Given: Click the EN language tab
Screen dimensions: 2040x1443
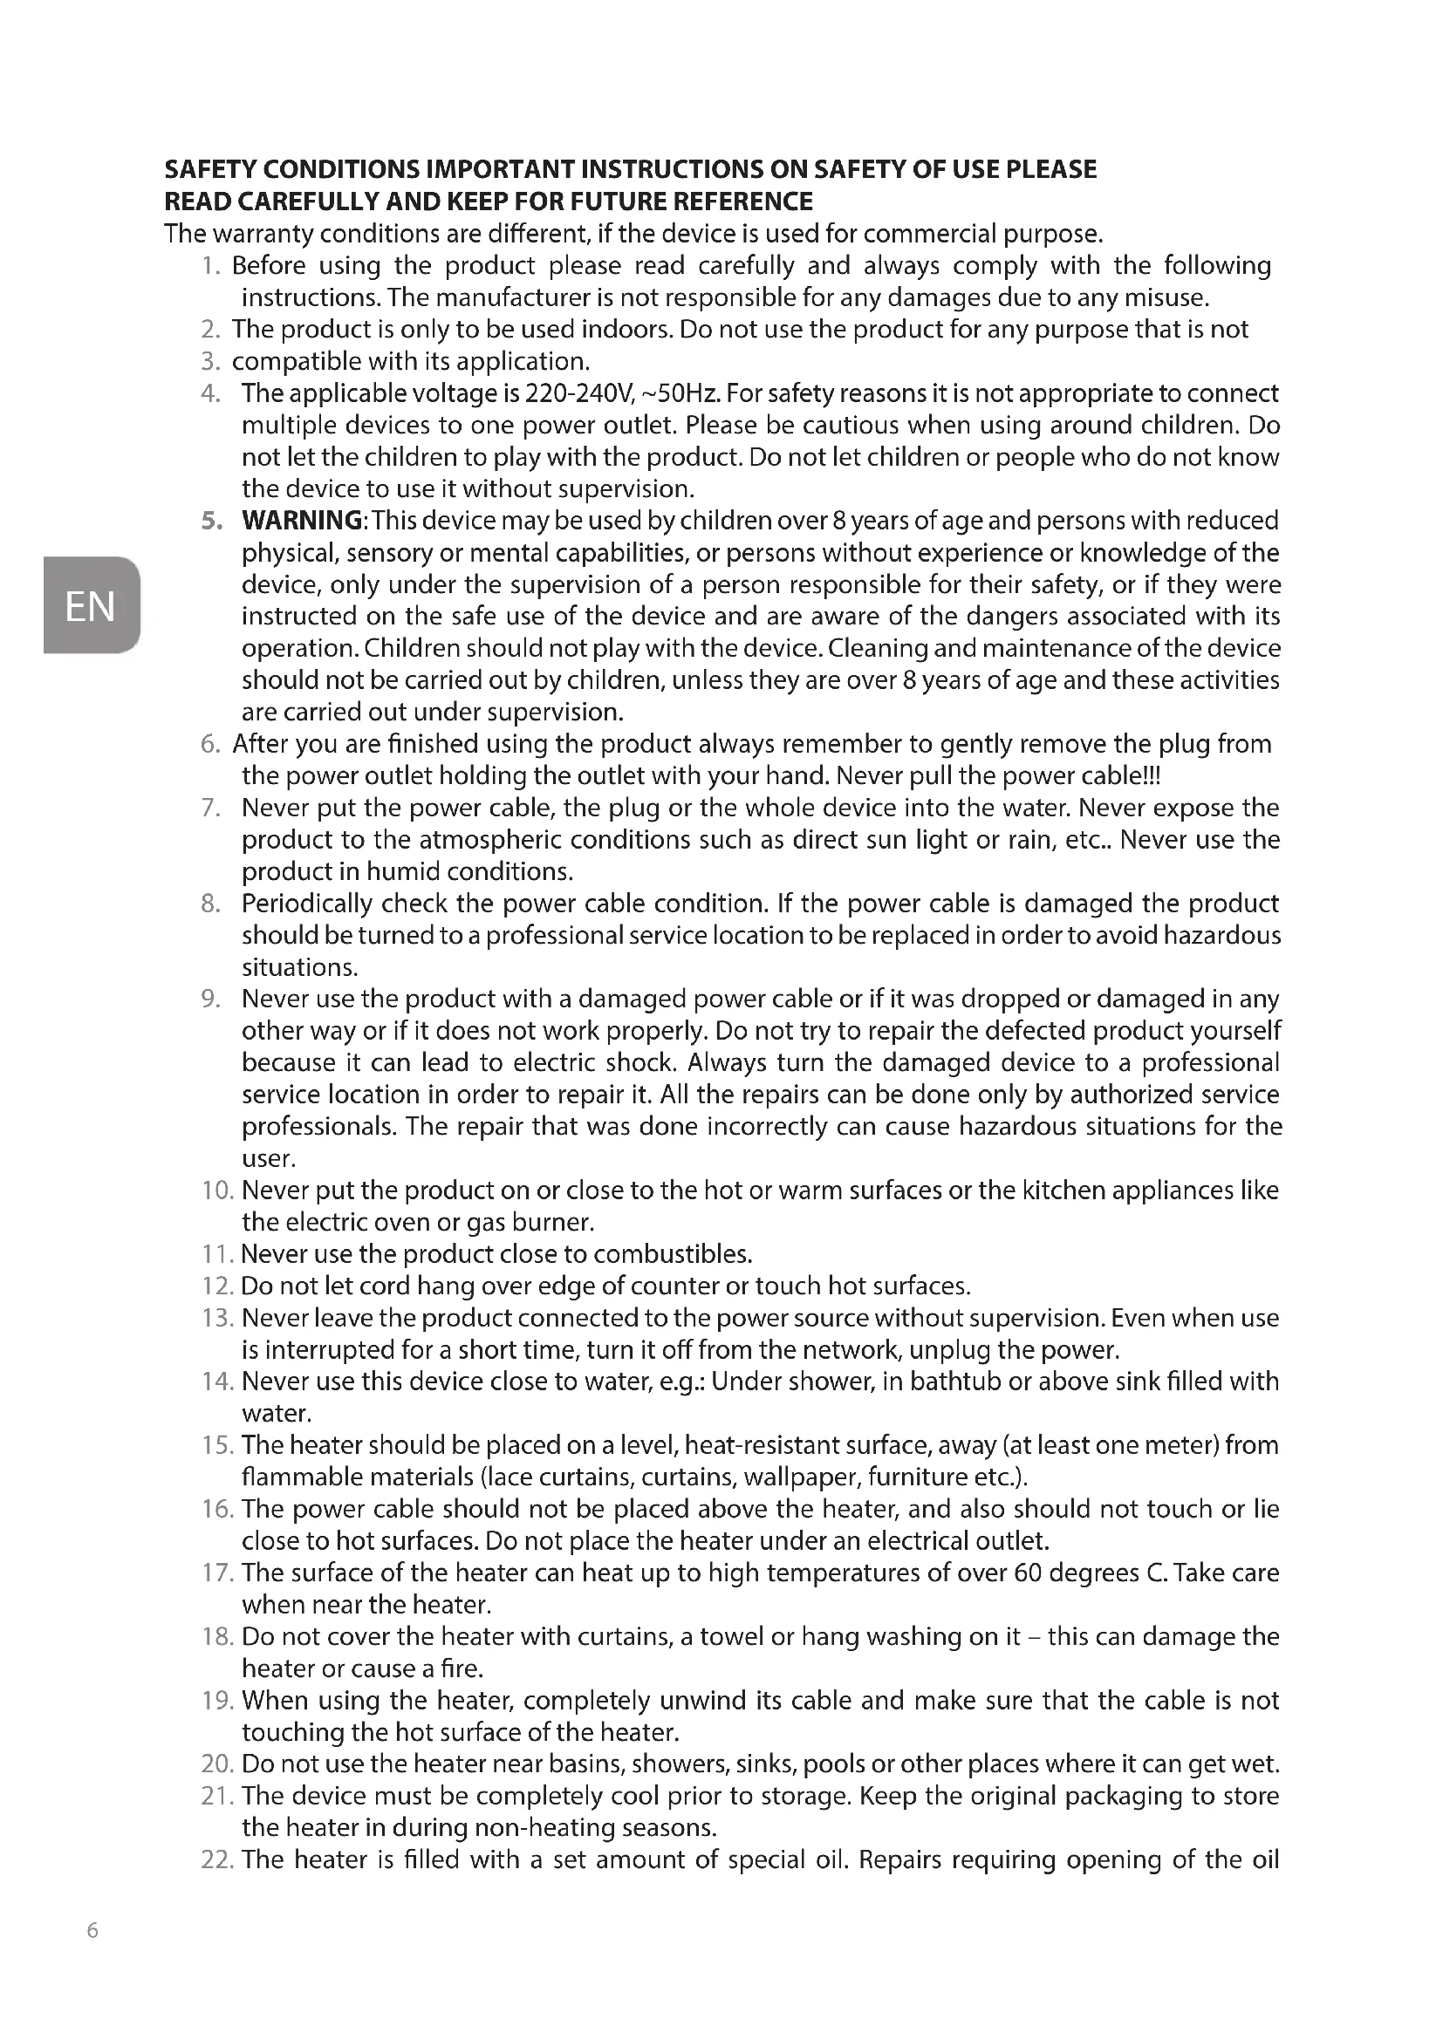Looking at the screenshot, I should click(91, 606).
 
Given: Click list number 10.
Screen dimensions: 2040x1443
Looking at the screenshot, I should click(218, 1190).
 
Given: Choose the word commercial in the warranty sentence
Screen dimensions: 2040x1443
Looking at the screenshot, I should click(929, 234).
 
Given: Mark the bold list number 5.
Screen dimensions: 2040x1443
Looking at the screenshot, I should click(209, 521).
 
